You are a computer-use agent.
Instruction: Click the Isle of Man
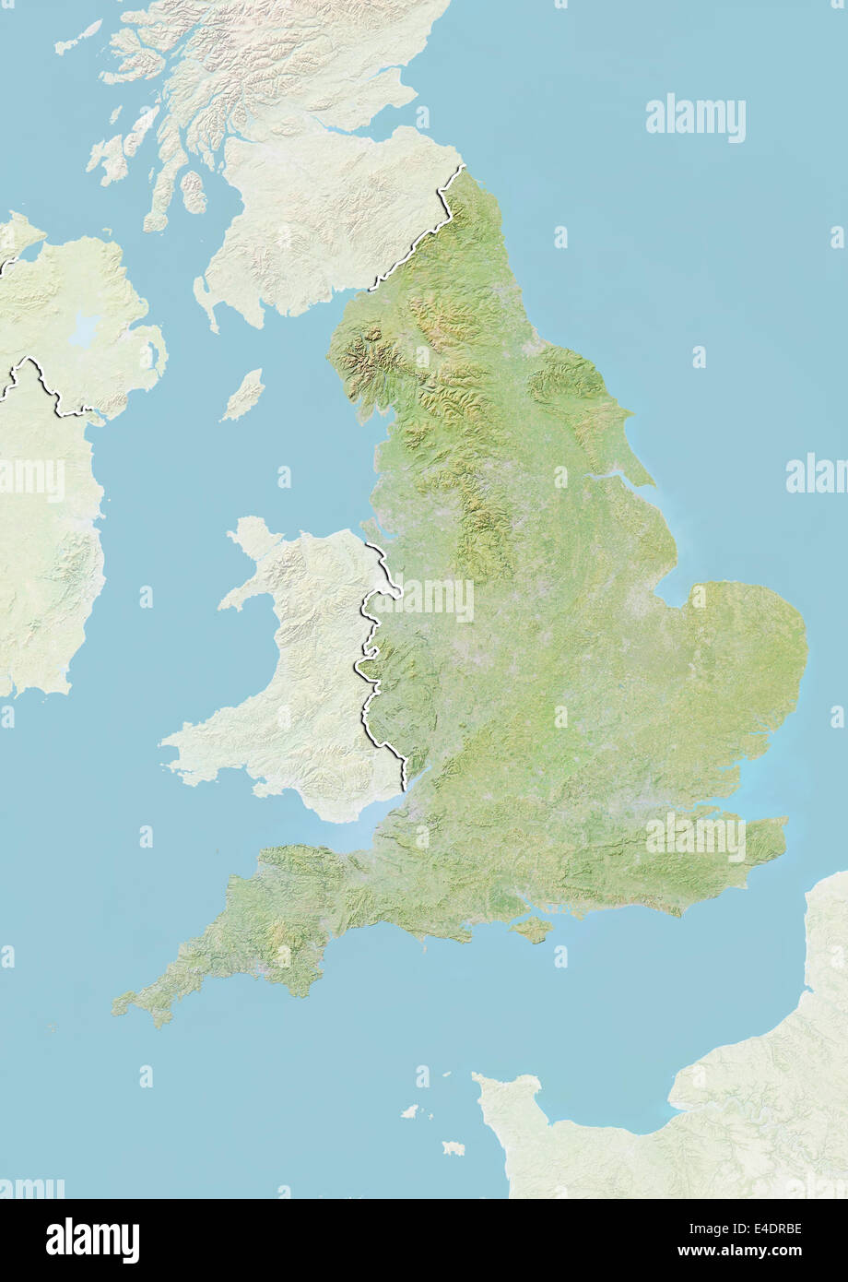[x=243, y=395]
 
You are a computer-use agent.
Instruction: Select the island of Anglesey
[x=252, y=539]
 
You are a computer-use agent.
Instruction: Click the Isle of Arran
[x=194, y=192]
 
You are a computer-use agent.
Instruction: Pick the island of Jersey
[x=453, y=1148]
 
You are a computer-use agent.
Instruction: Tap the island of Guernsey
[x=409, y=1111]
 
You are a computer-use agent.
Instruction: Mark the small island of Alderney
[x=445, y=1075]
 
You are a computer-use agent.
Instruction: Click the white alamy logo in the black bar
[x=92, y=1240]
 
